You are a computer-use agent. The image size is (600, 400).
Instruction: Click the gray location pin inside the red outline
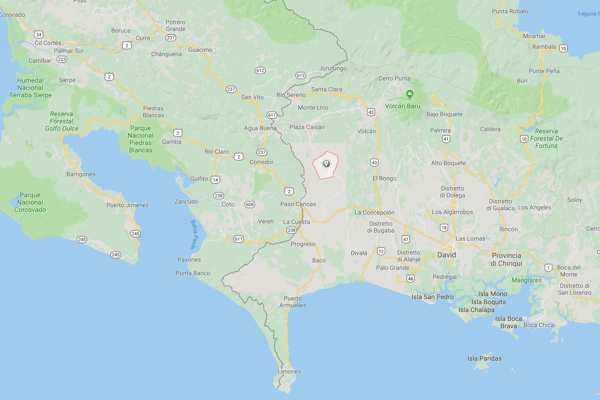click(x=326, y=164)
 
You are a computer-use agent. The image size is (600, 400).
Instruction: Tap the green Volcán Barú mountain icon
click(x=410, y=94)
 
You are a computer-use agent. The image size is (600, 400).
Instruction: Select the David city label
click(x=446, y=255)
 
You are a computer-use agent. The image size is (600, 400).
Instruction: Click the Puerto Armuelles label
click(x=293, y=302)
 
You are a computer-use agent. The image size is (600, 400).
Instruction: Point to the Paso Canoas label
click(x=298, y=204)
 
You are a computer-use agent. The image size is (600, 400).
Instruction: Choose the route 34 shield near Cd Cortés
click(x=38, y=34)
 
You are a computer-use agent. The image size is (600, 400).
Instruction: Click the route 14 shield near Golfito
click(x=216, y=180)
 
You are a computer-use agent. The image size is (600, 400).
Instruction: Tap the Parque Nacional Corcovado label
click(x=30, y=202)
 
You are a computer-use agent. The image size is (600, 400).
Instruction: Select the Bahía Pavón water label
click(x=194, y=235)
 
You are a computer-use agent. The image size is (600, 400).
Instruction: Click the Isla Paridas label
click(x=484, y=358)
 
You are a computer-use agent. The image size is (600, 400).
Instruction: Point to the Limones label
click(x=289, y=372)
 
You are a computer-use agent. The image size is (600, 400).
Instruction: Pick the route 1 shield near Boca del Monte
click(x=548, y=268)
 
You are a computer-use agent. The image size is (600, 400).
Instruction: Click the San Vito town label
click(x=252, y=97)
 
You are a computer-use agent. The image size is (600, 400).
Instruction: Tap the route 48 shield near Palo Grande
click(x=410, y=279)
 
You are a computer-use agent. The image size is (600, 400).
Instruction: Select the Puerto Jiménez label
click(x=128, y=205)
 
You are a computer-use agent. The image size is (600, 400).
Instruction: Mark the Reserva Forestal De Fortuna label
click(x=546, y=138)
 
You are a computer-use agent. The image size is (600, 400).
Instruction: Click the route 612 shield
click(x=260, y=70)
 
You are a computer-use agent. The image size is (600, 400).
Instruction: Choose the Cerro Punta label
click(x=394, y=78)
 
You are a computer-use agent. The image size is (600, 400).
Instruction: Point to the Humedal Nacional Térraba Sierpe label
click(x=30, y=88)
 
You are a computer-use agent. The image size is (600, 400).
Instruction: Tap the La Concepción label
click(x=374, y=212)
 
